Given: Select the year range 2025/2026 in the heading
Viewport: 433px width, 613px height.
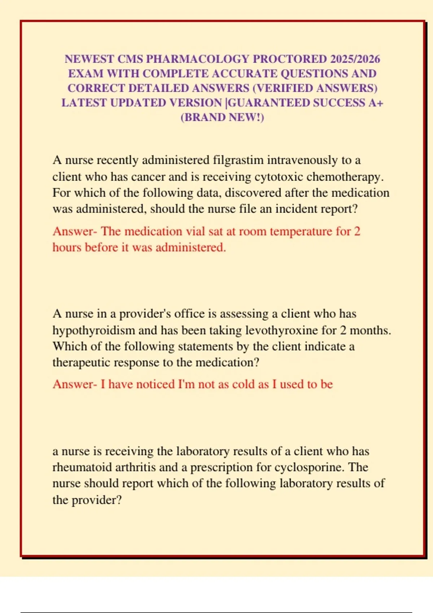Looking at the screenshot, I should coord(355,59).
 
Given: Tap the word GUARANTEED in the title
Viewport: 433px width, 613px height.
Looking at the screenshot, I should coord(269,103).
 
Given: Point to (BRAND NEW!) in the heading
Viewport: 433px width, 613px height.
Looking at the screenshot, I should coord(222,118).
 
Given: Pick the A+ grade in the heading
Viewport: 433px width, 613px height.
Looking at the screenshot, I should coord(376,103).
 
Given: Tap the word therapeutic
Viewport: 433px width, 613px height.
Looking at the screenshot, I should coord(82,362).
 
